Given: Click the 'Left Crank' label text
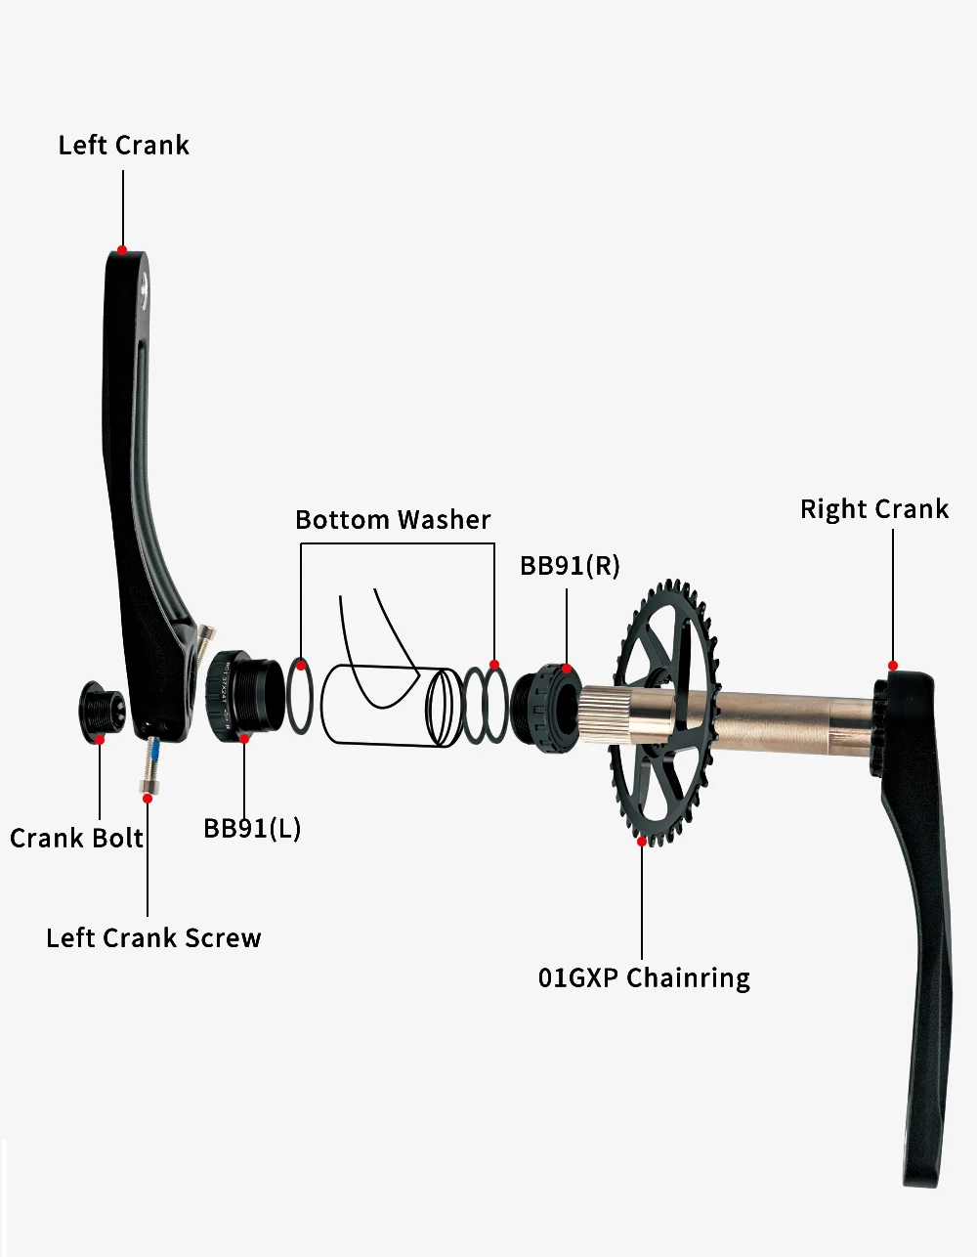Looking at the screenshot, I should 123,146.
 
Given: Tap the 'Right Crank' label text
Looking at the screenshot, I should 874,509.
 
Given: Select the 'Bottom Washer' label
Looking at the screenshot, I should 393,520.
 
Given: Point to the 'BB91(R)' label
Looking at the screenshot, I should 570,566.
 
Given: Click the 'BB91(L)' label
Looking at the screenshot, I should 252,829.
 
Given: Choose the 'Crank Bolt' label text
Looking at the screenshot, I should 76,839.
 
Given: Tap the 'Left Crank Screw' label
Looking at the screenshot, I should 153,938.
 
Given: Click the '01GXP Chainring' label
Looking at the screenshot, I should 644,978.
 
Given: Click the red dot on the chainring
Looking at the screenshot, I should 641,841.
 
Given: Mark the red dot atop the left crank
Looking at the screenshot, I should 122,250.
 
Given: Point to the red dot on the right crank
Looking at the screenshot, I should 892,666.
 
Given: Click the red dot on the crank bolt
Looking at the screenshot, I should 100,739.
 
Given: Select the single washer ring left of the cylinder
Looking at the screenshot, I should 300,696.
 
